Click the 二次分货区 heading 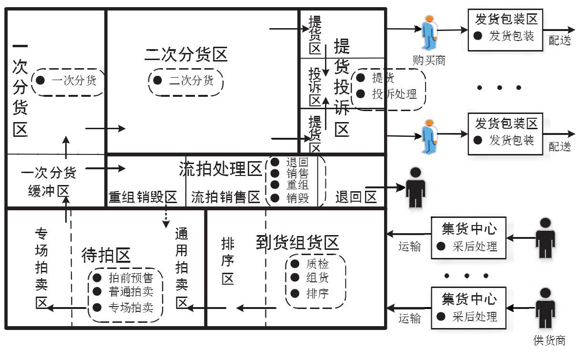(x=186, y=55)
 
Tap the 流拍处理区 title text (x=221, y=168)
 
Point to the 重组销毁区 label (x=143, y=197)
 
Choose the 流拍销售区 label (x=225, y=197)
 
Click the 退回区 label (x=356, y=197)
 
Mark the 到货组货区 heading (x=297, y=243)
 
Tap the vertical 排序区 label (x=228, y=261)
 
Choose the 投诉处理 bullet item (x=394, y=93)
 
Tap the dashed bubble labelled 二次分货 (x=185, y=81)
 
